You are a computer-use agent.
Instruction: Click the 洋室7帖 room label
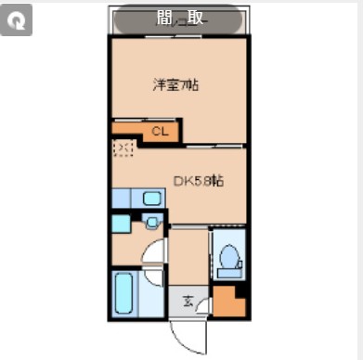click(x=176, y=85)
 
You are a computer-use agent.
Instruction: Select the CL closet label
click(x=160, y=133)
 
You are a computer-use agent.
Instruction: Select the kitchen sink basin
click(x=151, y=198)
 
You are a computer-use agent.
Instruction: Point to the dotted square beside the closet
click(x=123, y=148)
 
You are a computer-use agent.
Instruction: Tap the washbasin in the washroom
click(x=151, y=224)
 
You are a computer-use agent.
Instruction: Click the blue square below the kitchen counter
click(x=121, y=223)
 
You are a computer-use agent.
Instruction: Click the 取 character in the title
click(x=194, y=19)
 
